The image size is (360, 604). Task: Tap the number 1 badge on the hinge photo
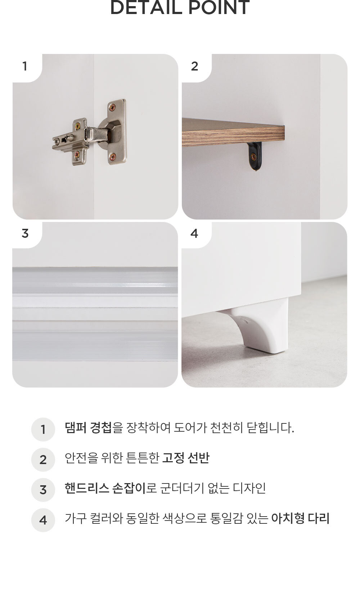pyautogui.click(x=25, y=66)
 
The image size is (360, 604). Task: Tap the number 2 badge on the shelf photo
pyautogui.click(x=194, y=66)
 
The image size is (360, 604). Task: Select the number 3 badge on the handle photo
pyautogui.click(x=25, y=233)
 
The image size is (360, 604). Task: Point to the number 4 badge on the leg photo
pyautogui.click(x=194, y=233)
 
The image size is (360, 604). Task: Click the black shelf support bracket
pyautogui.click(x=255, y=156)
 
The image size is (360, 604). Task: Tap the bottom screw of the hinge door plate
pyautogui.click(x=112, y=156)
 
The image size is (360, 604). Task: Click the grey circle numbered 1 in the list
pyautogui.click(x=43, y=429)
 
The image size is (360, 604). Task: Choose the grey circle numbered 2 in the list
pyautogui.click(x=43, y=459)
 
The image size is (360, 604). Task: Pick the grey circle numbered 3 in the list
pyautogui.click(x=43, y=490)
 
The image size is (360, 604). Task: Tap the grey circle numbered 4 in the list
pyautogui.click(x=43, y=520)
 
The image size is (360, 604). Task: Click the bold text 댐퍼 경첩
pyautogui.click(x=88, y=428)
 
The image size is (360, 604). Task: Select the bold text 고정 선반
pyautogui.click(x=186, y=458)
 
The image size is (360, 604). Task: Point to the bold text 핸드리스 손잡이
pyautogui.click(x=105, y=488)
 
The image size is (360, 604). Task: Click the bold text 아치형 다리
pyautogui.click(x=300, y=518)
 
